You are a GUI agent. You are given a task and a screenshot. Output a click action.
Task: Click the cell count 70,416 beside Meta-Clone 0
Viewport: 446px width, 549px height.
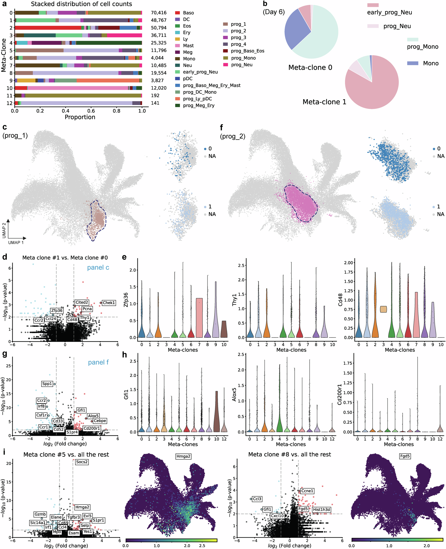coord(159,13)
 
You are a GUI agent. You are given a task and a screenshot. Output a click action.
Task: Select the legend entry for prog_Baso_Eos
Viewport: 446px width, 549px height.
coord(247,51)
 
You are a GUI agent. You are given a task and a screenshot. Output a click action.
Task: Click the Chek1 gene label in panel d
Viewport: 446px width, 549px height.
coord(109,303)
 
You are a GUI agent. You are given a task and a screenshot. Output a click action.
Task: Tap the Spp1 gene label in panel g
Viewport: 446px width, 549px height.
coord(47,384)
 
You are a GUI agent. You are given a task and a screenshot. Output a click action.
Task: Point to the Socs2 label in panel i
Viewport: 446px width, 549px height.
coord(82,462)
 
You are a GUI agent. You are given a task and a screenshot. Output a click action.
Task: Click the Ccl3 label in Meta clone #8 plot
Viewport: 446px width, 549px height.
coord(257,499)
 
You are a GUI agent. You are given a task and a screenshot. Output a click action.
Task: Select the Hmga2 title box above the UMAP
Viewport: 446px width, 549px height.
coord(183,456)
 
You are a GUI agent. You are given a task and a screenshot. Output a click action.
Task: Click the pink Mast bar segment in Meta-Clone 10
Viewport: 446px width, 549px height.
coord(77,88)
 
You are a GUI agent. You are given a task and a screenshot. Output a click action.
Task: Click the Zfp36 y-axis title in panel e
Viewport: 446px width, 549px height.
coord(126,300)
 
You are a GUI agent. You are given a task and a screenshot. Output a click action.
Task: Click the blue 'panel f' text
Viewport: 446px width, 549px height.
coord(98,362)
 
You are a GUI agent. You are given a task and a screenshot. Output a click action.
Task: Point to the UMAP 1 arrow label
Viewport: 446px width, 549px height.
coord(16,242)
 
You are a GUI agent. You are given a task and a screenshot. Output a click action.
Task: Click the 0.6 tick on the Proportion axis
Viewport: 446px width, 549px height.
coord(91,111)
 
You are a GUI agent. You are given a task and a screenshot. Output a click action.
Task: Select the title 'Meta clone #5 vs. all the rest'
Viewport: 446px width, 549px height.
coord(66,454)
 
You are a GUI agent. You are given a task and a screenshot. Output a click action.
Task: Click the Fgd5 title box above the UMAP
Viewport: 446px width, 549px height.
coord(405,456)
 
